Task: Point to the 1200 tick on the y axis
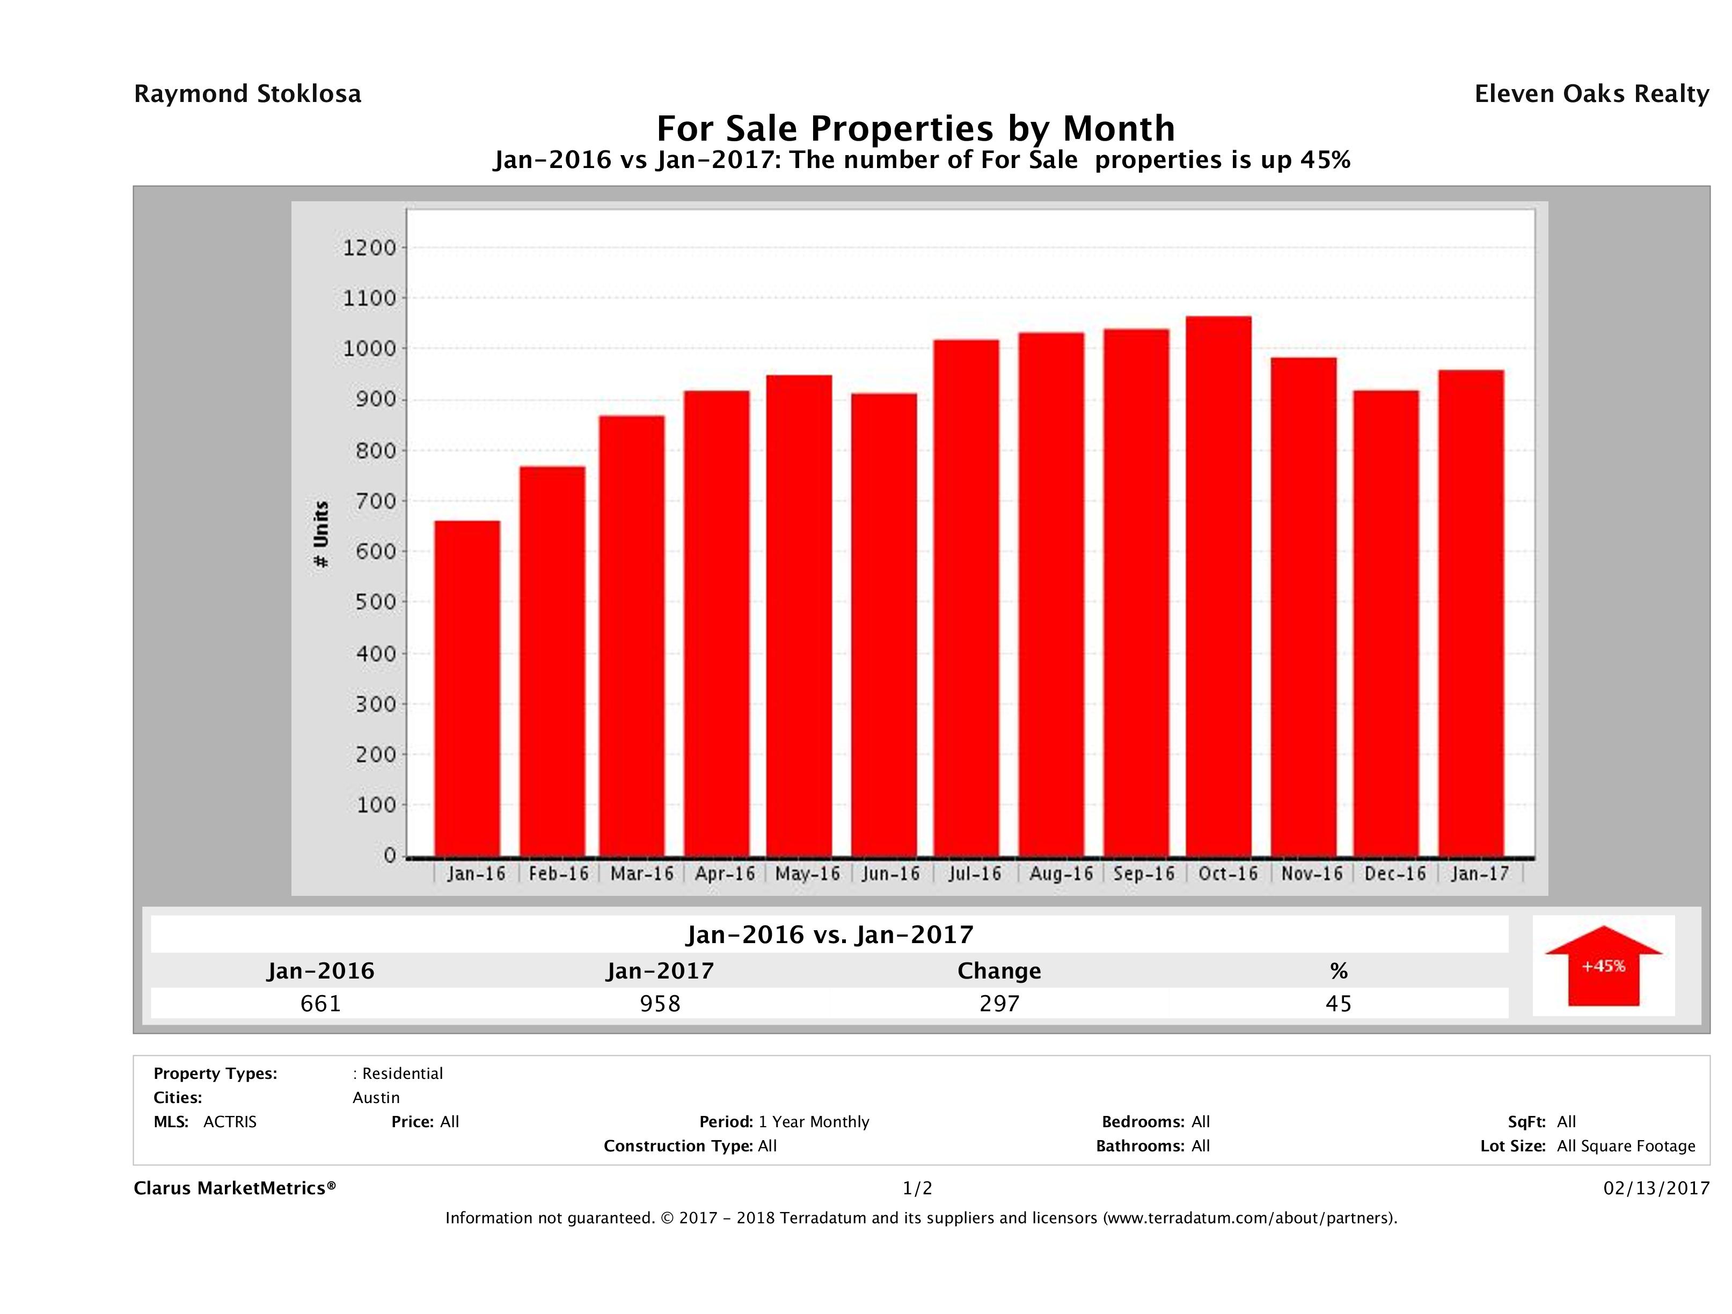(370, 248)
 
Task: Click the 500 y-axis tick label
(370, 602)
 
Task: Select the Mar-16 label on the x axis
(642, 874)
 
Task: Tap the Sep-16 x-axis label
(1144, 874)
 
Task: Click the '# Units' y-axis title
(321, 534)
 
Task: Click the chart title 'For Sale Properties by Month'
(915, 128)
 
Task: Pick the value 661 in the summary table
(321, 1003)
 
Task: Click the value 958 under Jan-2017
(660, 1003)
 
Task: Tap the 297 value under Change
(999, 1003)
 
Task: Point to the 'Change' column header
(999, 971)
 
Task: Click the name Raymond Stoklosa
(247, 94)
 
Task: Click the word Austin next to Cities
(376, 1098)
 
